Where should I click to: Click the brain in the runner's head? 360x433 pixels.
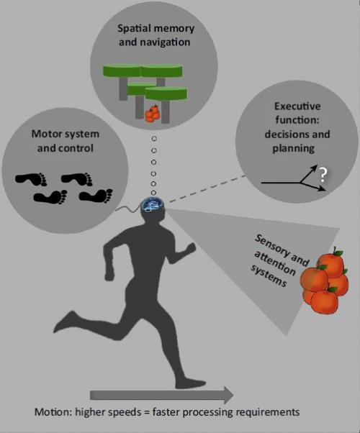pyautogui.click(x=153, y=205)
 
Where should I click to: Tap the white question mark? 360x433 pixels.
pyautogui.click(x=323, y=175)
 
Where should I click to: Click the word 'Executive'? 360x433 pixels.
pyautogui.click(x=297, y=106)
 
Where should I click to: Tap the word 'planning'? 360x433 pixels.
pyautogui.click(x=294, y=149)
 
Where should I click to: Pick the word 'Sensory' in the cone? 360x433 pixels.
pyautogui.click(x=271, y=246)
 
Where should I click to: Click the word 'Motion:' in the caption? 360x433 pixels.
pyautogui.click(x=53, y=412)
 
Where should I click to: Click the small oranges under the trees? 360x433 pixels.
pyautogui.click(x=153, y=114)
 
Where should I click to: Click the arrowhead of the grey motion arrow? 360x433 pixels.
pyautogui.click(x=229, y=395)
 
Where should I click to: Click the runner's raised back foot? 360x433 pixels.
pyautogui.click(x=64, y=321)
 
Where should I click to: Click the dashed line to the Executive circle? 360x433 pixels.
pyautogui.click(x=207, y=188)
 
